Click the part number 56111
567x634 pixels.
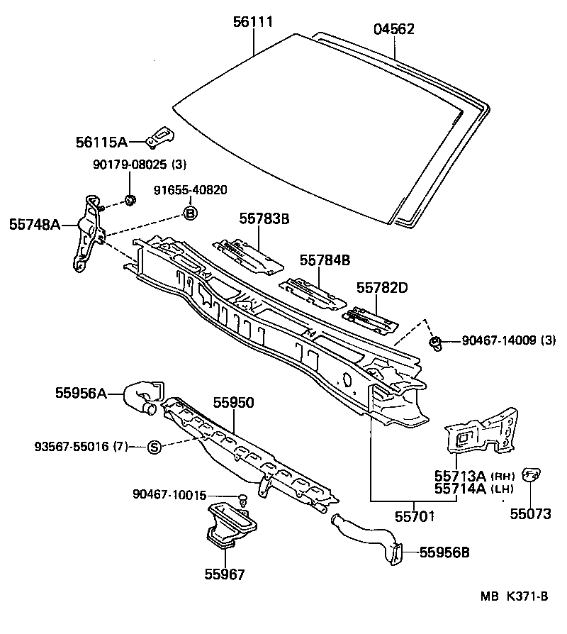(253, 23)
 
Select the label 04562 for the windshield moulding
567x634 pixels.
(394, 29)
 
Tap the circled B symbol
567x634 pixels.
(190, 212)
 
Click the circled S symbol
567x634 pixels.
(155, 447)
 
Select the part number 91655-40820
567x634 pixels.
(191, 189)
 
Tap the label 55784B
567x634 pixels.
(325, 260)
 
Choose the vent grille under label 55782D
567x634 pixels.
(369, 319)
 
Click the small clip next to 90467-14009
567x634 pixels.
(437, 344)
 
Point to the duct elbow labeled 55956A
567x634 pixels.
(142, 396)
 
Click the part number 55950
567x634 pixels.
(234, 402)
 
